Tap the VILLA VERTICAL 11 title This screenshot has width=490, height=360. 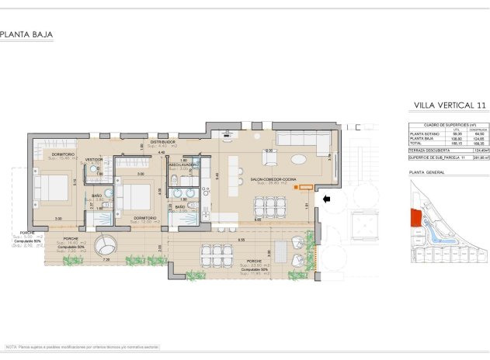coord(450,105)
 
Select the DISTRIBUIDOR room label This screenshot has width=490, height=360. coord(163,143)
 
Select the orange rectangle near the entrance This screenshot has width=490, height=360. coord(307,187)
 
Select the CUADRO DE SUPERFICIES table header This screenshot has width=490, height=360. coord(449,124)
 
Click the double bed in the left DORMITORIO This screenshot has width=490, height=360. coord(51,189)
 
